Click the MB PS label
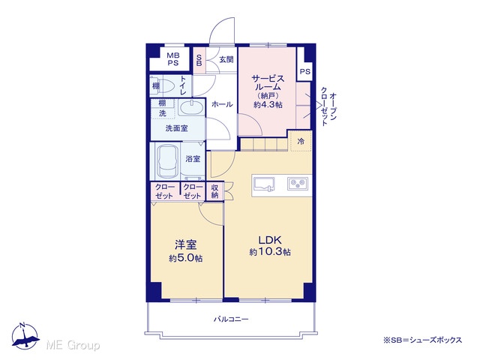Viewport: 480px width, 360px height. (x=172, y=59)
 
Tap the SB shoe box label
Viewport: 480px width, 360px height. (x=199, y=60)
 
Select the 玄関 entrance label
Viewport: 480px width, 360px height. (x=226, y=59)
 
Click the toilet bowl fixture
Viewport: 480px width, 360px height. (x=167, y=85)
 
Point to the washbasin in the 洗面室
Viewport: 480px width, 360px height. (x=191, y=108)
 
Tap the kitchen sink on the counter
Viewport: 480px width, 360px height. (x=264, y=184)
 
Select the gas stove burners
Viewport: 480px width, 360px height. (x=298, y=183)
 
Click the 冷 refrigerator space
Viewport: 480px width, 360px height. (x=301, y=142)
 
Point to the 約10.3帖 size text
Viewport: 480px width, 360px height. (x=270, y=252)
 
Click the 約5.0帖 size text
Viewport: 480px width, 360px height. (x=185, y=258)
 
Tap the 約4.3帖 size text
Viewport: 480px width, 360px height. (x=268, y=105)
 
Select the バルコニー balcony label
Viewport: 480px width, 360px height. (x=231, y=319)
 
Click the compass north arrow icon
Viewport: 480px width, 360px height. (x=25, y=336)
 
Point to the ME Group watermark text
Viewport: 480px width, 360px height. (x=73, y=345)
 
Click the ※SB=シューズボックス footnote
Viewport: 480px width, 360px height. (x=423, y=340)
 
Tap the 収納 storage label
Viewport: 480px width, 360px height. (x=215, y=192)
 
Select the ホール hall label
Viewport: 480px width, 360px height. (x=222, y=104)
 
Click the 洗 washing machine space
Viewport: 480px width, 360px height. (x=163, y=113)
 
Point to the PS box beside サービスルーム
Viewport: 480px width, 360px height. (x=304, y=72)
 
